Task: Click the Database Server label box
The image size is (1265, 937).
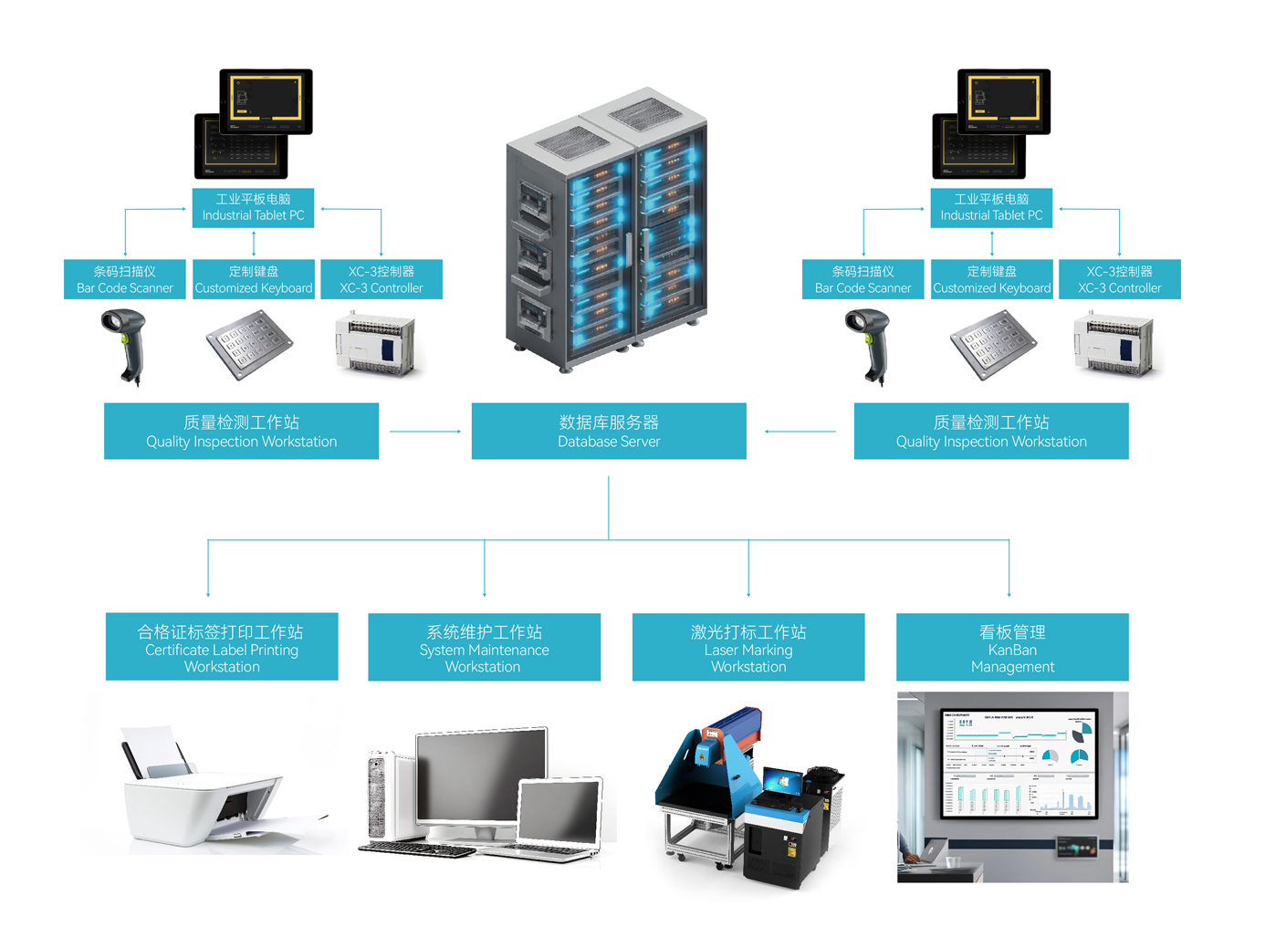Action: coord(609,431)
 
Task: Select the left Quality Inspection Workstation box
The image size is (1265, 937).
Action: coord(241,431)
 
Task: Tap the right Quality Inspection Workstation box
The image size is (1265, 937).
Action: coord(991,431)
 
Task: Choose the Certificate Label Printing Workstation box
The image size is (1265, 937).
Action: coord(222,647)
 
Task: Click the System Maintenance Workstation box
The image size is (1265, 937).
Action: coord(484,647)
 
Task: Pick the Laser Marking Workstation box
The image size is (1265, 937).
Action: coord(748,647)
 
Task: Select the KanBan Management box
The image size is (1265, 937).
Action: coord(1012,647)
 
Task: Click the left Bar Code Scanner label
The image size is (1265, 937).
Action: coord(125,279)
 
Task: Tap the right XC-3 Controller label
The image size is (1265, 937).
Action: coord(1120,279)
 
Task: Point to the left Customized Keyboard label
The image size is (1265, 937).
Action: coord(254,279)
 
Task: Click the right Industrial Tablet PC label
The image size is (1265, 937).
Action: coord(991,207)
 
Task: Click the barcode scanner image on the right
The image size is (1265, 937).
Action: coord(870,346)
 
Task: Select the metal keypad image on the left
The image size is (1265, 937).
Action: coord(249,344)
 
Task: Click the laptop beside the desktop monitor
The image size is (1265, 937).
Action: coord(559,817)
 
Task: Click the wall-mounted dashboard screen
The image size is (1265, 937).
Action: coord(1019,764)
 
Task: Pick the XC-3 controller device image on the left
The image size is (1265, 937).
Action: coord(377,344)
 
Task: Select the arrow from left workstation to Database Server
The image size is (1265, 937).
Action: coord(425,432)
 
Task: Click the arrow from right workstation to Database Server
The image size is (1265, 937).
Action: coord(800,432)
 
